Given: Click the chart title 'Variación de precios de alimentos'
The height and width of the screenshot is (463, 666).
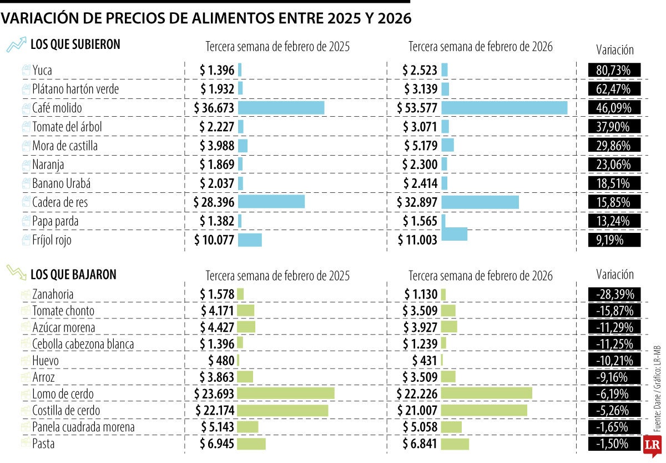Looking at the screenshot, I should coord(206,19).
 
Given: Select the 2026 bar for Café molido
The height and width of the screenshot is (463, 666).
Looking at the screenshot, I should coord(504,108).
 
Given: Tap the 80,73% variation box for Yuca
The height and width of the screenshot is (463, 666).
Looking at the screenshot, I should coord(614,70).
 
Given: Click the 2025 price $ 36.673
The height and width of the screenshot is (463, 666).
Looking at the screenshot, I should coord(214,108).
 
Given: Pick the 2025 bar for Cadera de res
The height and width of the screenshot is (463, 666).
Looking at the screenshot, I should coord(271,202).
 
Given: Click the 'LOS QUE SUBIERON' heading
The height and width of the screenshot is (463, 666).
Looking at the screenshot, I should coord(75,44).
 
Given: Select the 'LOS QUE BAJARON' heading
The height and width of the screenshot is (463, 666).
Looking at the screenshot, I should coord(73,274).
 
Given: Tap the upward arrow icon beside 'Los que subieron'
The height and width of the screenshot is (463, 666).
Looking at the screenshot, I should coord(16,44).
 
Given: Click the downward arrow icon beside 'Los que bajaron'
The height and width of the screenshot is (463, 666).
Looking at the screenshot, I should coord(16,273).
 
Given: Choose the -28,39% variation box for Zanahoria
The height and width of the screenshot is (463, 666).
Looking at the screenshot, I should coord(614,294).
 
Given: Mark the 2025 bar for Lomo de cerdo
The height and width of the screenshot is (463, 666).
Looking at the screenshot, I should coord(286,394).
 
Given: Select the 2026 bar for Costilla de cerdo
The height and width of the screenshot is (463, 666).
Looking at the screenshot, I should coord(484,410).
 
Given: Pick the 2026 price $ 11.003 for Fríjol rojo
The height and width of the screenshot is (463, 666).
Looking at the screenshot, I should coord(417,240).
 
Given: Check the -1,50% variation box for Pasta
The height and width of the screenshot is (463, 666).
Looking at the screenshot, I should coord(614,444).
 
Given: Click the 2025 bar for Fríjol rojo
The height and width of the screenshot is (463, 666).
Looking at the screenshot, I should coord(250,240).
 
